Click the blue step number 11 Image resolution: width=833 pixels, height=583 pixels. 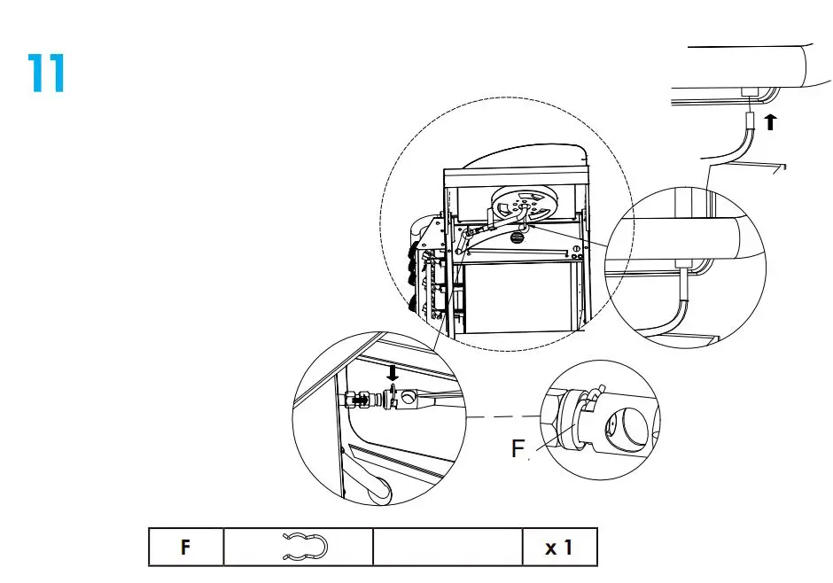[x=46, y=74]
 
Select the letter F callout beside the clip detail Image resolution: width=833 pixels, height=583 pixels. [x=518, y=448]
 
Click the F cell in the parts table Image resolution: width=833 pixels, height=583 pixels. [x=185, y=548]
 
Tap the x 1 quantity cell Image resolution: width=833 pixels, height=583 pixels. [x=558, y=548]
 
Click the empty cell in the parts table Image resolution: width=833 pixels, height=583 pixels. [x=447, y=548]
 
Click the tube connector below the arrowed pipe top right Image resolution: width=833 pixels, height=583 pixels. [x=750, y=120]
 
